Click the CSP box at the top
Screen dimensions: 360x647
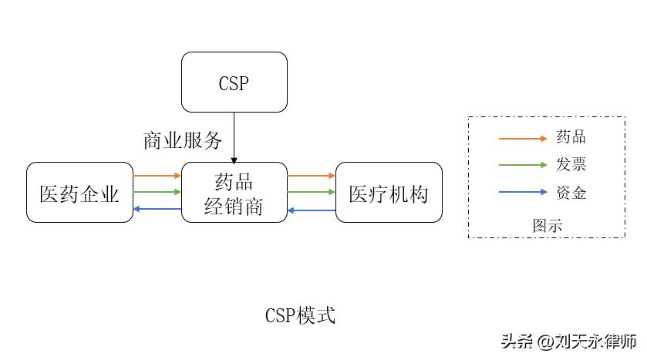234,82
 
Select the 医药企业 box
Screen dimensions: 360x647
79,193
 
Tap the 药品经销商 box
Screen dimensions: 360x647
234,193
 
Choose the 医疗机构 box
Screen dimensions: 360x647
389,193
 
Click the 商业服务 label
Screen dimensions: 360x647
183,140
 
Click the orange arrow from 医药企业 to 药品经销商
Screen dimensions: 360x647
157,176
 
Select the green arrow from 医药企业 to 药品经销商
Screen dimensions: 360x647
157,192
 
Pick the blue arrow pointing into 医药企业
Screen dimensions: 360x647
157,209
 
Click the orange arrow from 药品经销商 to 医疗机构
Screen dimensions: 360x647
312,176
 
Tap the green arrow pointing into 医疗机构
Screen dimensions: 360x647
312,192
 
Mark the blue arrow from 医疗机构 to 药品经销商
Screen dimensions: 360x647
312,209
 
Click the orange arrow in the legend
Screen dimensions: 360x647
521,138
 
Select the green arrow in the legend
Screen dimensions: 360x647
521,166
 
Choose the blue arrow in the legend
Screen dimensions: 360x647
521,193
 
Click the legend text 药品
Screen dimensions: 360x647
571,137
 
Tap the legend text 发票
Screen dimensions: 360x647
571,165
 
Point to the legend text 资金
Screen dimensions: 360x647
571,193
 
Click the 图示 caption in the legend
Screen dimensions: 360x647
547,226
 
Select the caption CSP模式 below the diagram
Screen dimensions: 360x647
300,316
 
